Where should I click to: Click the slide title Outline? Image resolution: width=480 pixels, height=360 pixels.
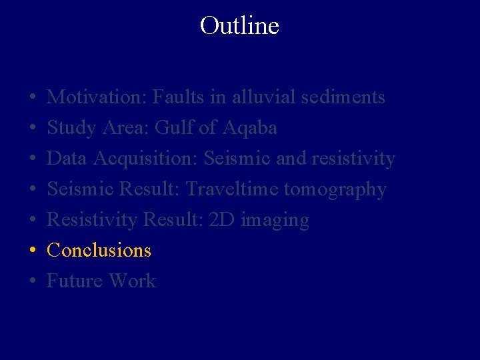(239, 26)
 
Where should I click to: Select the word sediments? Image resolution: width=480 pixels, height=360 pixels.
(343, 97)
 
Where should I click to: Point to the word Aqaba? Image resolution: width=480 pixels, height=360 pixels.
(253, 128)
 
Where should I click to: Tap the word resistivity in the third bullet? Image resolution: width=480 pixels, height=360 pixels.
(355, 159)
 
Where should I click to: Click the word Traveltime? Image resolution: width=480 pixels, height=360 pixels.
(232, 189)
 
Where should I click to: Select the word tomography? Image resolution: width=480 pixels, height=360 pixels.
(335, 190)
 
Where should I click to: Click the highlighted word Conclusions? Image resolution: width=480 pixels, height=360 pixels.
(99, 251)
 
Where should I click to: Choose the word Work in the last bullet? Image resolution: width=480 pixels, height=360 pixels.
(132, 281)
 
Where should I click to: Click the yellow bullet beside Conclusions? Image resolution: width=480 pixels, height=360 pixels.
(33, 251)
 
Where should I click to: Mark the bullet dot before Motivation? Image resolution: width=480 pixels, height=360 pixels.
(33, 98)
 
